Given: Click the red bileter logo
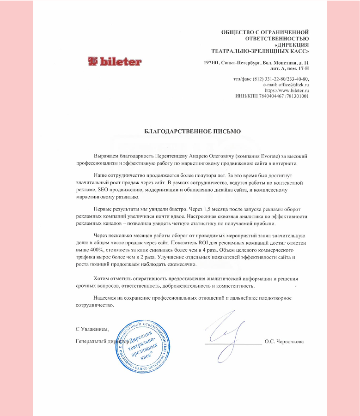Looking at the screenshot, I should pyautogui.click(x=115, y=61).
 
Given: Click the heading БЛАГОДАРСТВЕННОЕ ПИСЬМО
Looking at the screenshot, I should pyautogui.click(x=193, y=132).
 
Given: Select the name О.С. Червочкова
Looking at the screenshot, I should pyautogui.click(x=284, y=342).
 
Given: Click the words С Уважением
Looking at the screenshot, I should pyautogui.click(x=92, y=329).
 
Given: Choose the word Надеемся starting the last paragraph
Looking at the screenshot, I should pyautogui.click(x=105, y=298).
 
